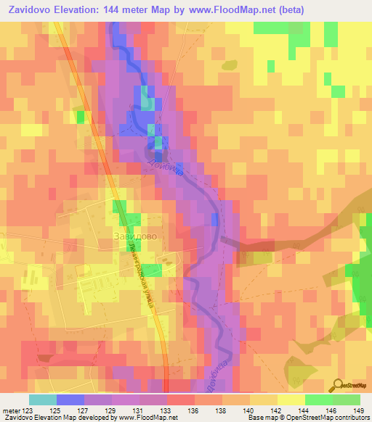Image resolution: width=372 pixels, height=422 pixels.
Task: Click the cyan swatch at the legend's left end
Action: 43,400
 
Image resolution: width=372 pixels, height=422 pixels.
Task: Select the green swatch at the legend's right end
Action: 346,400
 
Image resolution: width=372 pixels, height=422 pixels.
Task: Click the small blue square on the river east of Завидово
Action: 214,219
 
